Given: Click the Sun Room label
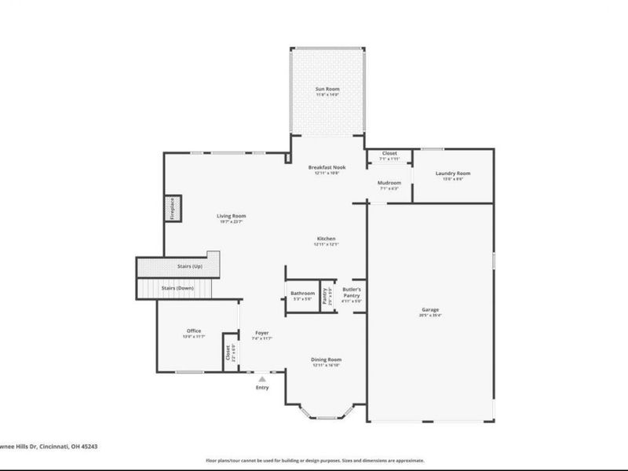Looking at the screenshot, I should [x=327, y=89].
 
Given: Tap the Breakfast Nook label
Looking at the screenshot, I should [x=327, y=167].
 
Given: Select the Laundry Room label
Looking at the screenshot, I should [x=454, y=173].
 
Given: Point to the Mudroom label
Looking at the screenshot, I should [x=389, y=184].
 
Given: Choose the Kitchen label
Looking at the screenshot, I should [x=327, y=239].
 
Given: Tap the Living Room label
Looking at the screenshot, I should [x=232, y=216].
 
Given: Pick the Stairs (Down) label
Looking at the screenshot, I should [x=177, y=288].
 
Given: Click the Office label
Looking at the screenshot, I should [x=194, y=331].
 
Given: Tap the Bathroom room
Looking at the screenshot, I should [x=301, y=297].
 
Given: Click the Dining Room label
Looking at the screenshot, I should [x=327, y=360].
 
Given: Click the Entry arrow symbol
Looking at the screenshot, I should [x=262, y=378].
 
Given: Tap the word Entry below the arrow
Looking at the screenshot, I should [x=262, y=387].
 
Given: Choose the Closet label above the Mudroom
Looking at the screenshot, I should [x=389, y=154].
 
